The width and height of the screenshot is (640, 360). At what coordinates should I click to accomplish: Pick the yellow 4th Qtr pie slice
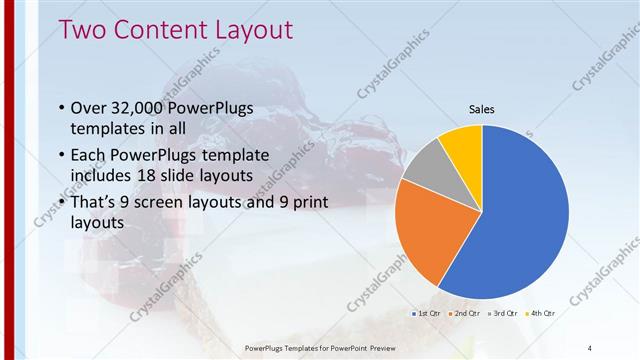coord(463,143)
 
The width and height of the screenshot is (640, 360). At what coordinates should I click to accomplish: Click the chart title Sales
coord(482,110)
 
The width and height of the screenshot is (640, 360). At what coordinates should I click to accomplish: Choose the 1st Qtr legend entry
coord(428,313)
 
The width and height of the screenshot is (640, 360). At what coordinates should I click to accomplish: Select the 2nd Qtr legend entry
coord(463,313)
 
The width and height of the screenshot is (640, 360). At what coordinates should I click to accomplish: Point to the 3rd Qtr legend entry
coord(500,313)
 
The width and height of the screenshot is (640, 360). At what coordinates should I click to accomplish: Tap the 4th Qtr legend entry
coord(536,313)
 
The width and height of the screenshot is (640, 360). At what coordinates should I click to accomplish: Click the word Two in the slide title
coord(83,30)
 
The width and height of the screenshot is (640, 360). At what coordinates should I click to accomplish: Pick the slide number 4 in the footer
coord(590,347)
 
